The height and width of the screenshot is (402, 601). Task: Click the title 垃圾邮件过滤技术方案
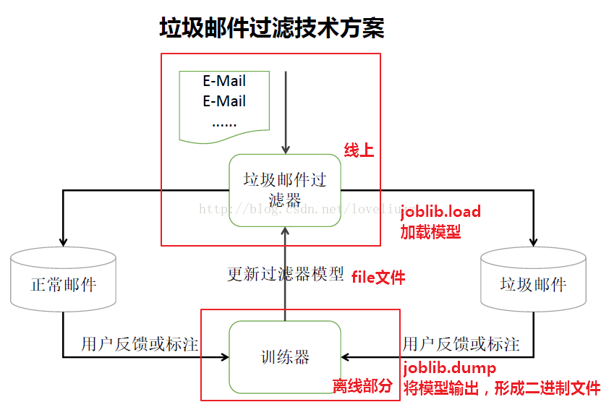(x=271, y=28)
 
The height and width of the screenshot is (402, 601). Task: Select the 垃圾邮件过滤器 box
(x=284, y=190)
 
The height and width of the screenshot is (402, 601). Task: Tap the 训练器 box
(x=284, y=357)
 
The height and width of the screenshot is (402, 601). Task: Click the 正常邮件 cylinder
(x=64, y=284)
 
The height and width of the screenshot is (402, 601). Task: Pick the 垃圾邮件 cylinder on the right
(x=533, y=284)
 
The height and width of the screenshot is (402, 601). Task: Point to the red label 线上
(x=359, y=150)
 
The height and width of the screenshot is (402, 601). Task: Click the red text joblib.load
(x=440, y=212)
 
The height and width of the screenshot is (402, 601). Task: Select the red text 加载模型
(x=430, y=232)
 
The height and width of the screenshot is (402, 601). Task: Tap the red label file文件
(x=378, y=277)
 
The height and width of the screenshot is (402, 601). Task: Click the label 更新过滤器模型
(x=285, y=275)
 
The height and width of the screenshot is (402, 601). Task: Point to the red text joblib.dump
(x=449, y=367)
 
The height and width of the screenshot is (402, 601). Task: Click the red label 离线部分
(x=362, y=385)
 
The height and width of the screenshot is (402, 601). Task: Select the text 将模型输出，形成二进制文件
(x=501, y=387)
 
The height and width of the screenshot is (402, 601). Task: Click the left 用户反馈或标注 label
(x=140, y=343)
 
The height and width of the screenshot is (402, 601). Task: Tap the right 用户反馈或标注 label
(x=461, y=343)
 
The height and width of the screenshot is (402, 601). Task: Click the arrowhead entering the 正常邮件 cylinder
(x=64, y=241)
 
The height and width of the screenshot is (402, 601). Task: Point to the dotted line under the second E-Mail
(x=224, y=124)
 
